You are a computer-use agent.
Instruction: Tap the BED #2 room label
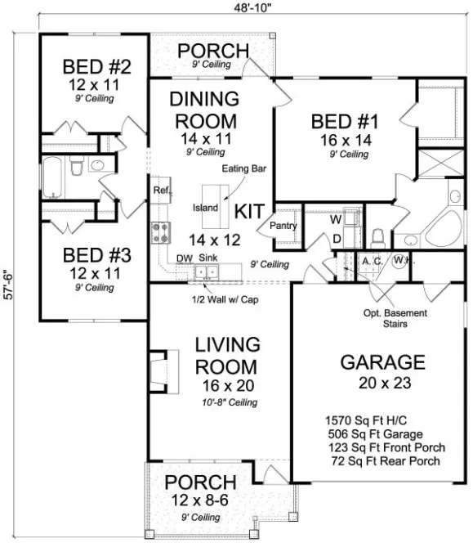(91, 66)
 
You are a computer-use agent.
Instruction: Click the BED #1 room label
(345, 122)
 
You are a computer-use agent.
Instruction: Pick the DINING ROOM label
(203, 110)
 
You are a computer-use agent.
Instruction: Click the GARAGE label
(382, 361)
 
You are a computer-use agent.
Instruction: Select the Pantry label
(283, 227)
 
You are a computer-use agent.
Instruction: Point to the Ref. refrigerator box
(159, 190)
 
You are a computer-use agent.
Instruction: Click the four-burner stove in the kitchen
(158, 232)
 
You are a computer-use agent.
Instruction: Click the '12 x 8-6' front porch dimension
(201, 500)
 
